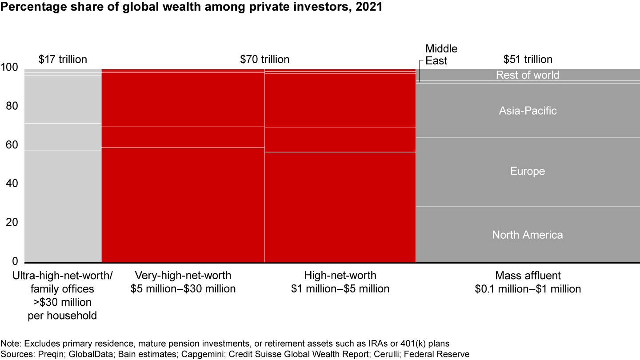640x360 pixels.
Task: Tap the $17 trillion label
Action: click(63, 59)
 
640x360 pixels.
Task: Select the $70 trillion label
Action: click(264, 59)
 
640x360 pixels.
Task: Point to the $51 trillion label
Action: click(528, 59)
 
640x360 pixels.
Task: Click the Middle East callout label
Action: click(441, 55)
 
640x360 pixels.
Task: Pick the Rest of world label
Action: click(528, 75)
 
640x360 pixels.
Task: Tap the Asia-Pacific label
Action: click(528, 111)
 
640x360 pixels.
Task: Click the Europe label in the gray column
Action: click(528, 172)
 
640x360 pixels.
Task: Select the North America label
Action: click(528, 235)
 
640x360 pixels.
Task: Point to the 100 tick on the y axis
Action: click(9, 68)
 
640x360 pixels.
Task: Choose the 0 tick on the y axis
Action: click(14, 261)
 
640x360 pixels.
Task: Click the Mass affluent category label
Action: click(528, 282)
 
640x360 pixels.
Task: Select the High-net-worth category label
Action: click(340, 282)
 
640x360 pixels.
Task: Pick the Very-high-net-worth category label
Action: click(183, 282)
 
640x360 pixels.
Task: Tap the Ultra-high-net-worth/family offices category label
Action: click(63, 296)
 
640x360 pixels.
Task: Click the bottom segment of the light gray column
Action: click(63, 206)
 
